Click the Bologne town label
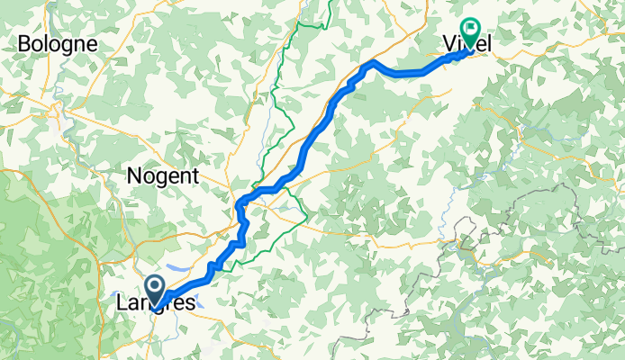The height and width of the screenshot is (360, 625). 58,42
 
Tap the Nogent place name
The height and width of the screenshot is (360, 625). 163,176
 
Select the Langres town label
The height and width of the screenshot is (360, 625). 156,304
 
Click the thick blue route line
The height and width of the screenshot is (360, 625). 315,135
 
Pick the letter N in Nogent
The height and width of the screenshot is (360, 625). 135,176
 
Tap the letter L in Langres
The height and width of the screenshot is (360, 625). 122,304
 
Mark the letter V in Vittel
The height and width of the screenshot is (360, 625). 450,42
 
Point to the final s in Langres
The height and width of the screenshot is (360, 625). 189,305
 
